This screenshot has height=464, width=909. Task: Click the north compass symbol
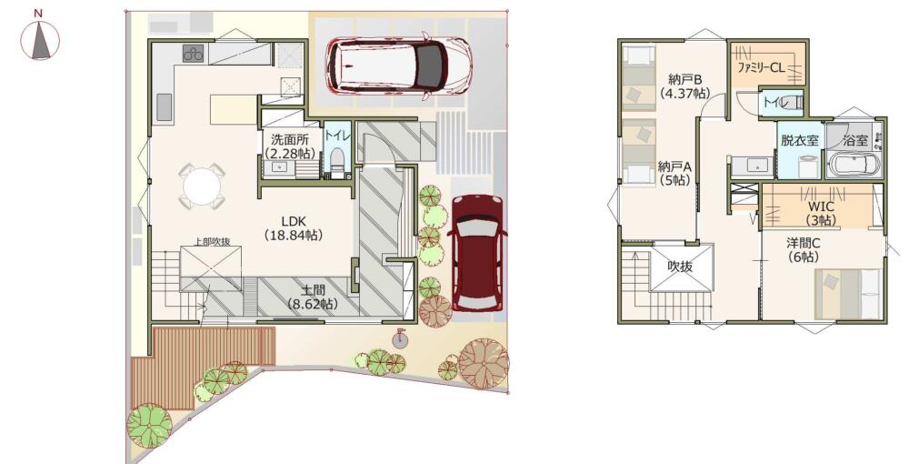(x=40, y=39)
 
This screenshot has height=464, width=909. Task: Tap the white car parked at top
(x=399, y=65)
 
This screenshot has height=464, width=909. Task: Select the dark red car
(x=478, y=253)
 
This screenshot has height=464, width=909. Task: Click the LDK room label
(x=294, y=228)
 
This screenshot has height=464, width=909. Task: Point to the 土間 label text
(x=313, y=297)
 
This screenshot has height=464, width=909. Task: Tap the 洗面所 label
(x=289, y=146)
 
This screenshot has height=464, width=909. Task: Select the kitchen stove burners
(x=193, y=54)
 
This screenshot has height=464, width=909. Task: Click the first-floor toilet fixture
(x=337, y=162)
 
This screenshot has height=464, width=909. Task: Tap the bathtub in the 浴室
(x=855, y=166)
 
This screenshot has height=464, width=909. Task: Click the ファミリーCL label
(x=761, y=68)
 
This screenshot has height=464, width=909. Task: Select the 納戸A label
(x=674, y=173)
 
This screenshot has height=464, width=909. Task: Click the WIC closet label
(x=821, y=213)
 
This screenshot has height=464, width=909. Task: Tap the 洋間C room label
(x=803, y=249)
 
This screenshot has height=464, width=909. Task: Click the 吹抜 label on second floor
(x=681, y=267)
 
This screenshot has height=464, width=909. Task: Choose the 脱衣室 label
(x=799, y=140)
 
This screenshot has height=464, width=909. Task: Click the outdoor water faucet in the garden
(x=399, y=338)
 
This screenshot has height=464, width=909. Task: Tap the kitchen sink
(x=164, y=108)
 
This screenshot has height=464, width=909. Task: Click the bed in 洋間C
(x=849, y=294)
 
